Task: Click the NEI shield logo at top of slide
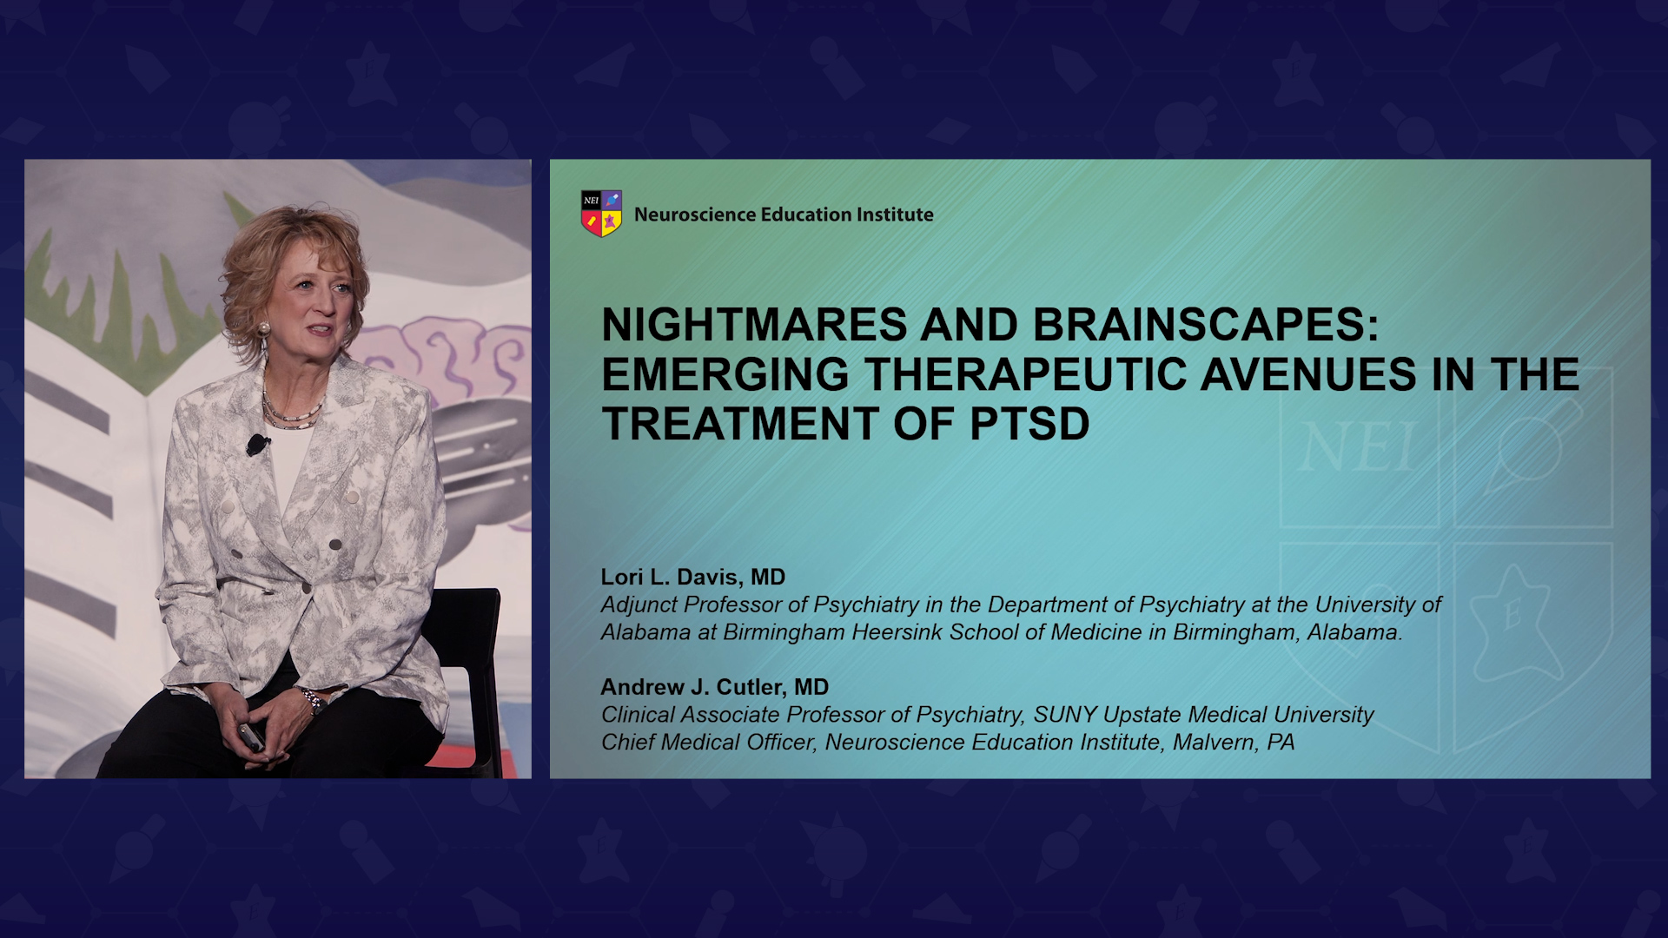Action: [x=601, y=214]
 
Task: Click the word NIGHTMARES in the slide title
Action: [x=755, y=325]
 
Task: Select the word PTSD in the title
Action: [x=1029, y=424]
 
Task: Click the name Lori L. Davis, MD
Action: [x=693, y=577]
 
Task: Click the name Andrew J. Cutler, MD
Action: [x=715, y=687]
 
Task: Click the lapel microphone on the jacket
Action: [x=257, y=445]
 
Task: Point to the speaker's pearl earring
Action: [x=263, y=330]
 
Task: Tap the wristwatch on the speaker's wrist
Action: [x=311, y=699]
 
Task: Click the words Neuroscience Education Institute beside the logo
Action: [x=784, y=215]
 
